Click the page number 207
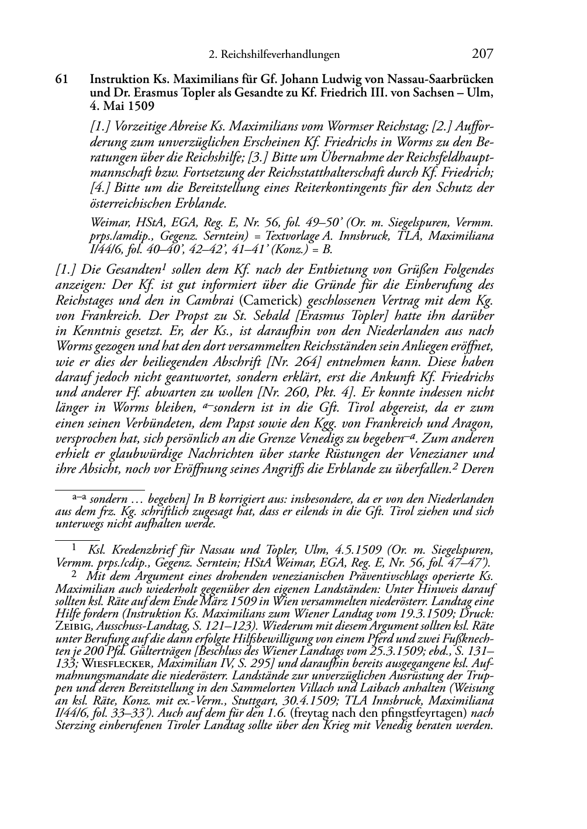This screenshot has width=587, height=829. (x=482, y=54)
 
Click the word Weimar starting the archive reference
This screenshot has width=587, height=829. (x=106, y=223)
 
